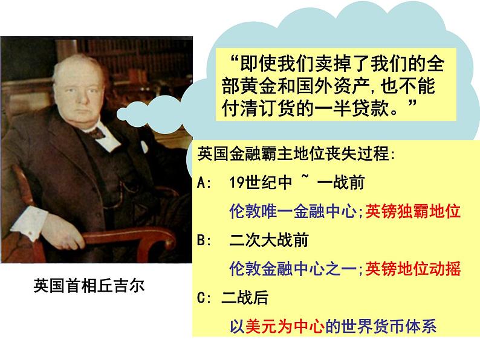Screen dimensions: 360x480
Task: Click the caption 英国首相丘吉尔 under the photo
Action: [89, 286]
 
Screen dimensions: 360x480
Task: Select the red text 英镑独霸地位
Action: [413, 211]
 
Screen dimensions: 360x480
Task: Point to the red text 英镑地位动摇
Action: [413, 268]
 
